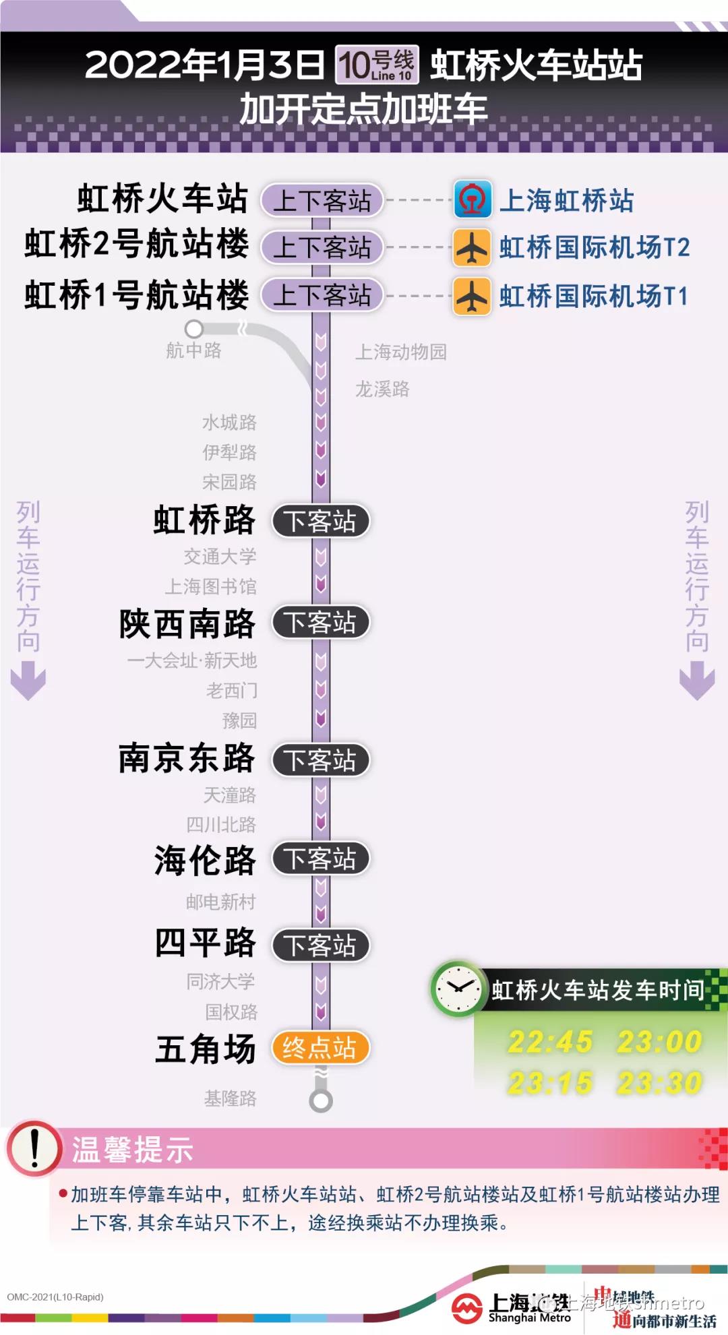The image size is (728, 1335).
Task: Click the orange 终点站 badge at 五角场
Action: click(x=320, y=1048)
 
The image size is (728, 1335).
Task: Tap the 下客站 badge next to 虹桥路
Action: click(x=320, y=521)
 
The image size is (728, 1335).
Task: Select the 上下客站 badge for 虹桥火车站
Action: click(x=322, y=201)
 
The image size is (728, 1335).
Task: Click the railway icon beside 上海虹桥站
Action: click(x=472, y=199)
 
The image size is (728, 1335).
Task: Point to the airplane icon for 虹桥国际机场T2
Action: click(x=472, y=247)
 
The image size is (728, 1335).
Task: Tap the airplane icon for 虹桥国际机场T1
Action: click(x=472, y=296)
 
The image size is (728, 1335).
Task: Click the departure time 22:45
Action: click(x=550, y=1041)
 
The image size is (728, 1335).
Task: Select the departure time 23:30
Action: click(x=659, y=1083)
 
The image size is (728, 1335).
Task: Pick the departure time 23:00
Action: click(x=659, y=1041)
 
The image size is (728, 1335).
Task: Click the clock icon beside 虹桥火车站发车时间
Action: click(x=458, y=989)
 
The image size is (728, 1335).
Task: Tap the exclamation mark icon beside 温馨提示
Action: click(x=34, y=1148)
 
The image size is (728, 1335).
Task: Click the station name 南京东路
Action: click(x=187, y=759)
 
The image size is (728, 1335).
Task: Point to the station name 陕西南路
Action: click(x=187, y=623)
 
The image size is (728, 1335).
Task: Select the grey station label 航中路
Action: click(x=193, y=350)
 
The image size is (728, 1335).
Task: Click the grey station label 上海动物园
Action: click(x=401, y=352)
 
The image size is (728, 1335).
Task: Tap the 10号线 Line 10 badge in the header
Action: click(x=377, y=65)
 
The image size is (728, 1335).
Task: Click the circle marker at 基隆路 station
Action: click(x=321, y=1101)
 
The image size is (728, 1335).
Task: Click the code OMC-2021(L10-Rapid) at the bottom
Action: click(x=55, y=1297)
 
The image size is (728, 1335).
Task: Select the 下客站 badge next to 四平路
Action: click(x=320, y=945)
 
